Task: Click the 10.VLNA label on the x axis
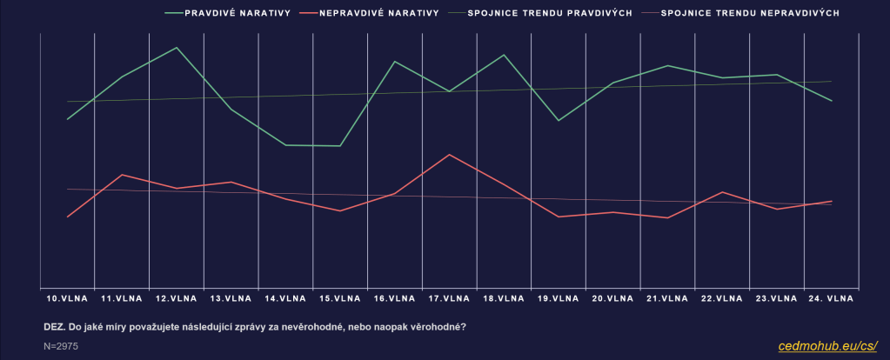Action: [x=67, y=298]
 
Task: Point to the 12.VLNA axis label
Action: [x=177, y=298]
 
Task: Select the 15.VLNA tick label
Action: [x=340, y=298]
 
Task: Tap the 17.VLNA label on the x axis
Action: [x=449, y=298]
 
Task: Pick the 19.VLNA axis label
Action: [x=558, y=298]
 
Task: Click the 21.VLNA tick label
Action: [x=667, y=298]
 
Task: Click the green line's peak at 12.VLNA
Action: [x=177, y=47]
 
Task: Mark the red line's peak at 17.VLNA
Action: [x=449, y=155]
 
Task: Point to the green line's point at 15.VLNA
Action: [x=340, y=146]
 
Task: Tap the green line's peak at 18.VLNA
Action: [x=504, y=55]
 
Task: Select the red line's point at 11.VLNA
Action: [x=122, y=175]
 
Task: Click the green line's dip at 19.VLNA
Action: [x=559, y=121]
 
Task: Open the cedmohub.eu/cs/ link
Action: [x=827, y=346]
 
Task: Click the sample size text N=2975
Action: [x=60, y=346]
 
